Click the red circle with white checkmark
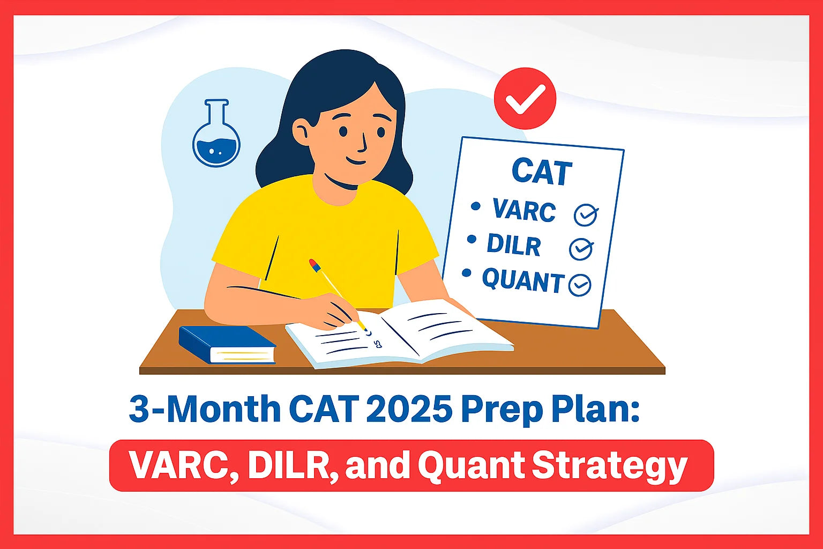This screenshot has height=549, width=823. click(525, 98)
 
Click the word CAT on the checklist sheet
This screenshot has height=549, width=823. click(542, 173)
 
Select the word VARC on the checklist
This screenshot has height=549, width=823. click(524, 211)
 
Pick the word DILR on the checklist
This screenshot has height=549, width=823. click(514, 245)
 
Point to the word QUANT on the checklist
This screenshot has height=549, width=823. click(523, 280)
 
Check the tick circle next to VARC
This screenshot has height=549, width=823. click(586, 215)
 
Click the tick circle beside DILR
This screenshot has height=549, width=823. click(581, 249)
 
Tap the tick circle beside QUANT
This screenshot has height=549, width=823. click(579, 285)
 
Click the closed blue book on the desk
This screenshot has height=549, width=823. click(227, 345)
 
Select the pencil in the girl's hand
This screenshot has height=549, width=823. click(336, 293)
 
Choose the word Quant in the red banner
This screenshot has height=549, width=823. click(468, 466)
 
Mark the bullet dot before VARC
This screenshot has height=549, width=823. click(475, 205)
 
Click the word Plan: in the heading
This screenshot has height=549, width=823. click(595, 410)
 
